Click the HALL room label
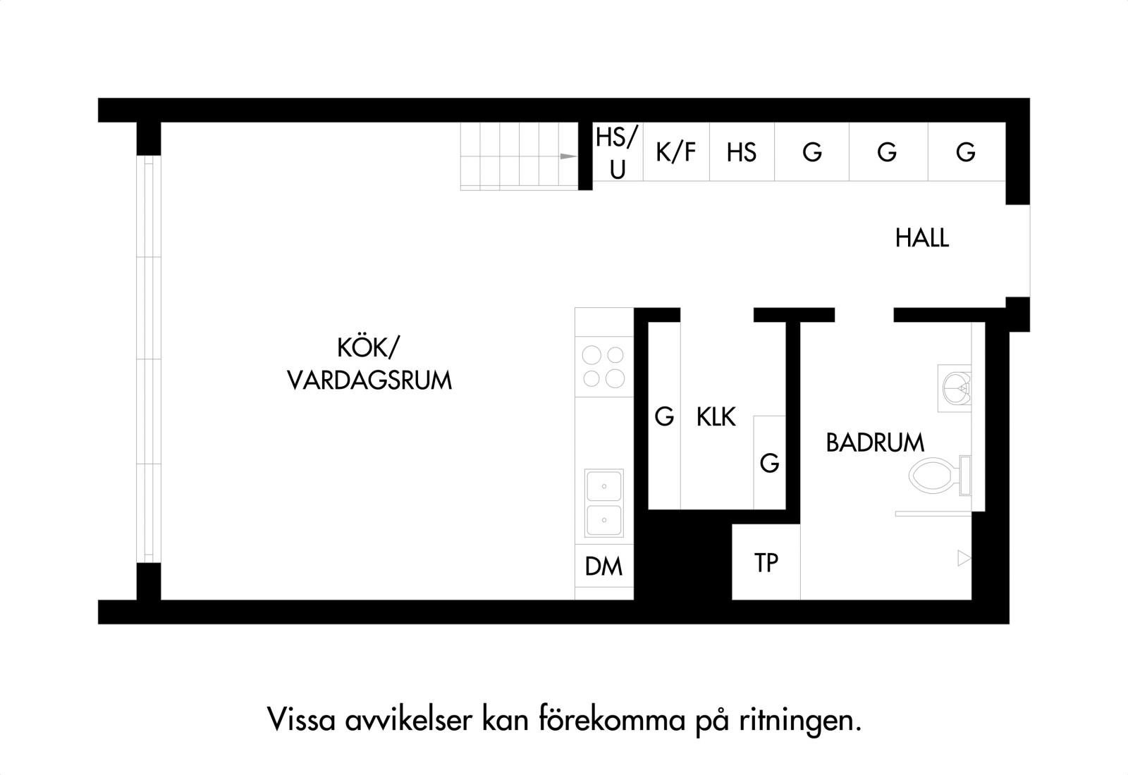tap(922, 237)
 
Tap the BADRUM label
tap(875, 443)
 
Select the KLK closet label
tap(716, 416)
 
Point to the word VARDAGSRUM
tap(369, 380)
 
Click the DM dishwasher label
tap(603, 566)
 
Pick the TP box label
tap(766, 563)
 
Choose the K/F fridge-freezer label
tap(676, 152)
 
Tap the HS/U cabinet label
tap(617, 153)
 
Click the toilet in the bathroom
tap(940, 476)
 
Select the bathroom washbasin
tap(955, 388)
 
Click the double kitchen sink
tap(603, 503)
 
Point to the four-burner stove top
tap(603, 366)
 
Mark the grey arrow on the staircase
tap(568, 156)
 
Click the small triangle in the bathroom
tap(964, 558)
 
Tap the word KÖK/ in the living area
tap(368, 348)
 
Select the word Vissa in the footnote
tap(301, 719)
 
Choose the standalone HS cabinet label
tap(741, 152)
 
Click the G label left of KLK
tap(664, 416)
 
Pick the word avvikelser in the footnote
tap(409, 719)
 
